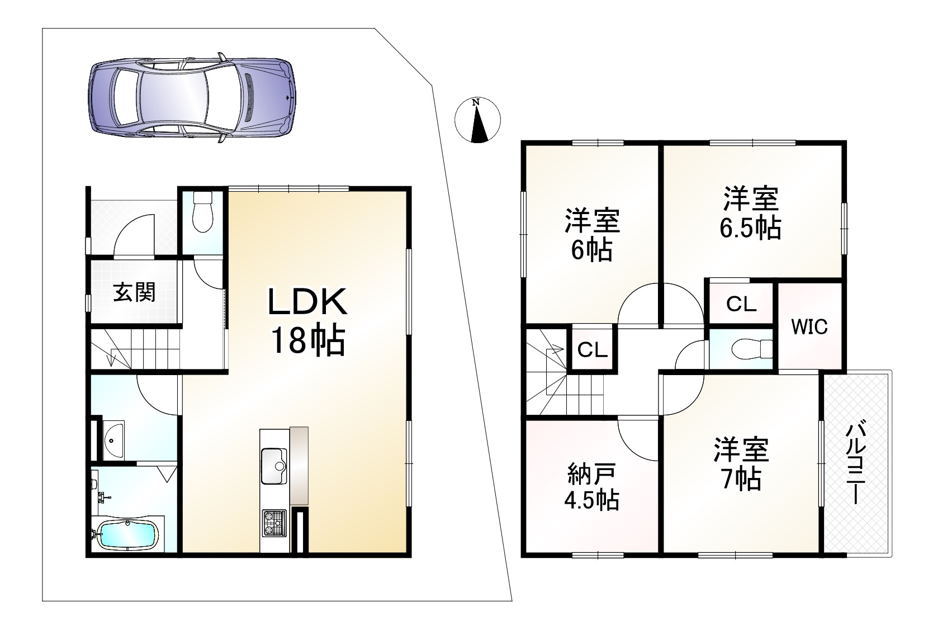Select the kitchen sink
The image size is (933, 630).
273,466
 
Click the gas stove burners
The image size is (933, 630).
273,523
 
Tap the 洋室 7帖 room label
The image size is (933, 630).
740,464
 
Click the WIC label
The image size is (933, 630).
809,326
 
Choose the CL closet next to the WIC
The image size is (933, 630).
741,304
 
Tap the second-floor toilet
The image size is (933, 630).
752,348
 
